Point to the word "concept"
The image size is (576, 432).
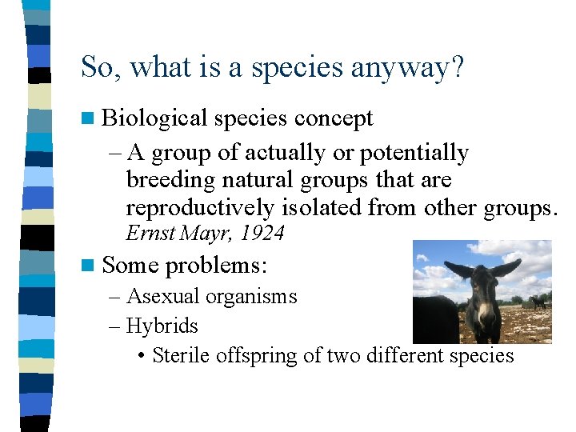pyautogui.click(x=334, y=118)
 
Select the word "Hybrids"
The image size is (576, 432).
pyautogui.click(x=162, y=326)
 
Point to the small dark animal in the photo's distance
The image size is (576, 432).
pyautogui.click(x=538, y=302)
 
